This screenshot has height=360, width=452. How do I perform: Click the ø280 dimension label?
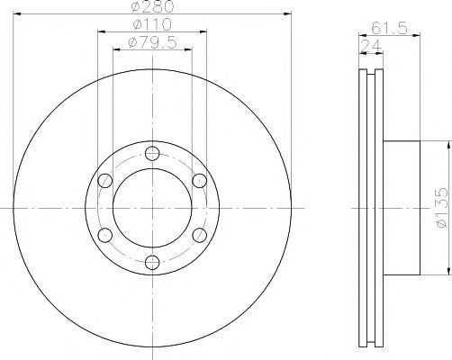152,6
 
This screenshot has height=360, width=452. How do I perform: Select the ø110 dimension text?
152,24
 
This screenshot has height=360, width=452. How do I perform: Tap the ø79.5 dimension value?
152,42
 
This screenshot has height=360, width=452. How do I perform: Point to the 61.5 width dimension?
389,29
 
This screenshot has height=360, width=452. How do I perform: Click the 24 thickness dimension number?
371,46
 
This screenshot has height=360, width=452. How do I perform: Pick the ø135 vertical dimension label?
442,208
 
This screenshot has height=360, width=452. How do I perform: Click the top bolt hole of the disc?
152,154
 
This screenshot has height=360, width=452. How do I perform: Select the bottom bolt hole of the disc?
152,262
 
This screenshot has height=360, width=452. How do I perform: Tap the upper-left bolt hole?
105,181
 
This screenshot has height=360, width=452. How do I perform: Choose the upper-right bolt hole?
199,181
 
